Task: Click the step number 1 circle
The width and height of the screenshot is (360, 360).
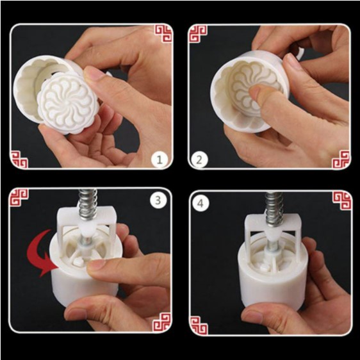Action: pyautogui.click(x=160, y=160)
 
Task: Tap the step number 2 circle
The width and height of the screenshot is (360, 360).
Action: pyautogui.click(x=199, y=160)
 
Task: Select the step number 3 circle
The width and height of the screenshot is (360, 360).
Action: pyautogui.click(x=158, y=200)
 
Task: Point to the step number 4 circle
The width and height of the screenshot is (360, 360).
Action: pyautogui.click(x=201, y=203)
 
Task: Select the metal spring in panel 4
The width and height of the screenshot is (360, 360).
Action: pyautogui.click(x=274, y=209)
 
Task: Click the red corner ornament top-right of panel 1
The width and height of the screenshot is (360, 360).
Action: pyautogui.click(x=163, y=33)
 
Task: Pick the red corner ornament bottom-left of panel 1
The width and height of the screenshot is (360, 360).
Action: pyautogui.click(x=19, y=160)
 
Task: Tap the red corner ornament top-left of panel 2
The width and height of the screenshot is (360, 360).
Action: pyautogui.click(x=198, y=33)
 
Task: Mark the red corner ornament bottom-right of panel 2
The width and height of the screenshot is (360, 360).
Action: pyautogui.click(x=341, y=160)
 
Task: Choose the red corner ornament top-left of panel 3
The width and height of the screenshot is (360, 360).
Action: pyautogui.click(x=19, y=197)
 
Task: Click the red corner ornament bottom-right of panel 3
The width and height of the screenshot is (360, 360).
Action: pyautogui.click(x=161, y=323)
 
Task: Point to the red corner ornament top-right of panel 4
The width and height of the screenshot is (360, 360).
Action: pyautogui.click(x=342, y=200)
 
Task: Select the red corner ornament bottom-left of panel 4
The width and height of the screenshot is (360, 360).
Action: pyautogui.click(x=199, y=325)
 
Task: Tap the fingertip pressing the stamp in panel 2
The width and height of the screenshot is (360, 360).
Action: pyautogui.click(x=256, y=92)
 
